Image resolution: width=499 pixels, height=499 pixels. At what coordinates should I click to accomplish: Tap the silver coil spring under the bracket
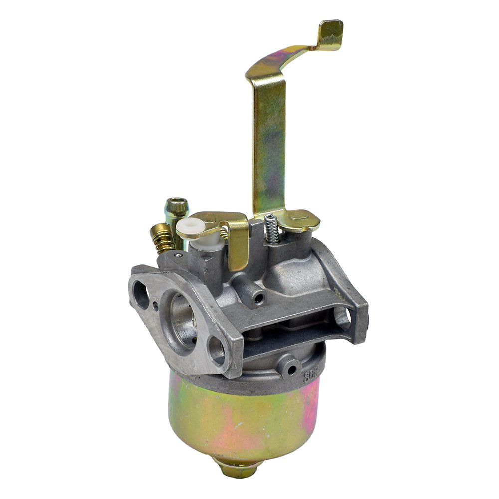[x=271, y=228]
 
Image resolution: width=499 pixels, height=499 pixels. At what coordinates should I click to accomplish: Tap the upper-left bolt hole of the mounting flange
[x=141, y=295]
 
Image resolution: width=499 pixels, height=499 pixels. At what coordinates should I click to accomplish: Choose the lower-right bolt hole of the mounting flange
[x=216, y=349]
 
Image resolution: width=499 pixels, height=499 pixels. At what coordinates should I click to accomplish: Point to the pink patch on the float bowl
[x=309, y=399]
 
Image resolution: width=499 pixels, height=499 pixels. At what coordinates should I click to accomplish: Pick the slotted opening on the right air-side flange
[x=346, y=317]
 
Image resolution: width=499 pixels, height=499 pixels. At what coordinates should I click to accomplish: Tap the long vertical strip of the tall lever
[x=268, y=145]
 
